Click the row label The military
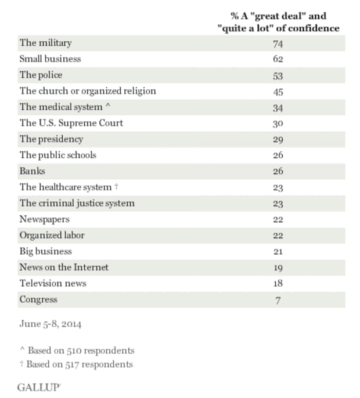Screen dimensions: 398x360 [46, 42]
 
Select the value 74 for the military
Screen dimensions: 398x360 [278, 43]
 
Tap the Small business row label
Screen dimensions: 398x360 [51, 59]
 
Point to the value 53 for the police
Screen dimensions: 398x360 [278, 75]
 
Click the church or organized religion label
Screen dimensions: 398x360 [88, 91]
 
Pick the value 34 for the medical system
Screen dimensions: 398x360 [278, 107]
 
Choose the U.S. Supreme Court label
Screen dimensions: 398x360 [71, 123]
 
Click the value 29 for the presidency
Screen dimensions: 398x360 [278, 139]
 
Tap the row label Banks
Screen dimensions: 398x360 [33, 171]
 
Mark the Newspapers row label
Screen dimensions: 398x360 [45, 219]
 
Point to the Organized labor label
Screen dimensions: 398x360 [52, 236]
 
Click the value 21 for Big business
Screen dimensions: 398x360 [278, 252]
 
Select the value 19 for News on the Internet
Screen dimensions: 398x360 [278, 267]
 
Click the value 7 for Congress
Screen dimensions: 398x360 [278, 300]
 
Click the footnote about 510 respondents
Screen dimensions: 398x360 [77, 350]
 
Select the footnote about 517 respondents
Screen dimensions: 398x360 [77, 364]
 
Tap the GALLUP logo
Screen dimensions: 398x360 [39, 386]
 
